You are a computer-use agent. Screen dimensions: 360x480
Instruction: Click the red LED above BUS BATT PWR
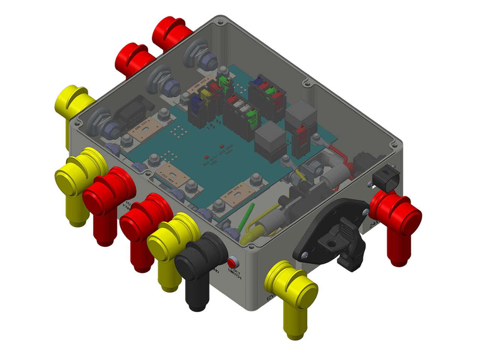coord(206,156)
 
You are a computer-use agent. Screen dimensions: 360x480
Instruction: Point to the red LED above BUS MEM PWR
coord(222,146)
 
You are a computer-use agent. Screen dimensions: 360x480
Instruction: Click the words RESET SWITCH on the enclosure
coord(234,273)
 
